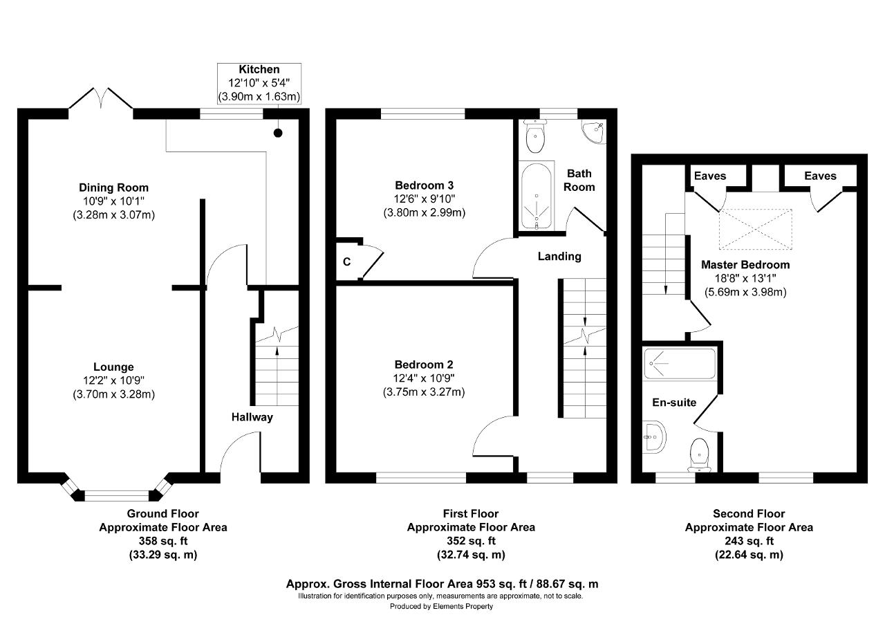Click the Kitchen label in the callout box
(259, 70)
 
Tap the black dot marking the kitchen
(278, 134)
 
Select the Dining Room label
(114, 187)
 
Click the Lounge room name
(113, 367)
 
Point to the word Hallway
(252, 417)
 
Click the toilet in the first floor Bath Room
(535, 136)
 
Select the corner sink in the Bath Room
(593, 131)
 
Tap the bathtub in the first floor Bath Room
(536, 196)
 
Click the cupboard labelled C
(347, 261)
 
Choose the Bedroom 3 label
(425, 185)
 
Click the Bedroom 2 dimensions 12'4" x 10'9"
(424, 378)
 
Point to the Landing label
(559, 257)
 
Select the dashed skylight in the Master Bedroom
(756, 229)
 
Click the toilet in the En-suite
(699, 455)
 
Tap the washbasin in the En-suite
(654, 436)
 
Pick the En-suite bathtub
(680, 364)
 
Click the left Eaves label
(710, 176)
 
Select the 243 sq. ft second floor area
(749, 541)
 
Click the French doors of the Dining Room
(101, 98)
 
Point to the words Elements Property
(463, 606)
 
